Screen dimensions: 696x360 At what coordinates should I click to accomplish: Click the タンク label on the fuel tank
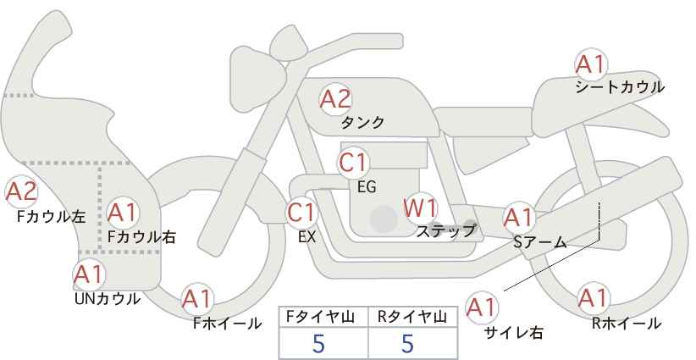[x=362, y=123]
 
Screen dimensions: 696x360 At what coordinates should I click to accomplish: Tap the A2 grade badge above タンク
[x=335, y=99]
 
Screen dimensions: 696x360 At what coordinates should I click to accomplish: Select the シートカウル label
[x=620, y=87]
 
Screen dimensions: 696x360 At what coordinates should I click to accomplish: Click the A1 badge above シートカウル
[x=591, y=64]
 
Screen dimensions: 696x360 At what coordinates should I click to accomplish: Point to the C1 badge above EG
[x=353, y=163]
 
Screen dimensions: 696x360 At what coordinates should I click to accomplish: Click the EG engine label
[x=367, y=187]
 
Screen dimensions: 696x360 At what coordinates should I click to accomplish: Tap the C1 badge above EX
[x=301, y=213]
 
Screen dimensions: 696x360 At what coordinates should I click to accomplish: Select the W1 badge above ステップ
[x=421, y=208]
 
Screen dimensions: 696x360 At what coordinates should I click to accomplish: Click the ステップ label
[x=445, y=231]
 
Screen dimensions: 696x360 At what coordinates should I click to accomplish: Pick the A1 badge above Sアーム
[x=519, y=218]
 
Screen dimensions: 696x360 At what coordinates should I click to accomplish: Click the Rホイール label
[x=626, y=324]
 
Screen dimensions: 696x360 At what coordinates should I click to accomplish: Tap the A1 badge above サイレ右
[x=482, y=307]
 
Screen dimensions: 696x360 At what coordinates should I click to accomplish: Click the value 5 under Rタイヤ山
[x=407, y=343]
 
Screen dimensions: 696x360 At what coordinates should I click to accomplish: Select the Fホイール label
[x=227, y=324]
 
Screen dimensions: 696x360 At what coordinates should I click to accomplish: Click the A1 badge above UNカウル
[x=89, y=274]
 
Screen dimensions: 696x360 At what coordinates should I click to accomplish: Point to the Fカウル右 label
[x=141, y=237]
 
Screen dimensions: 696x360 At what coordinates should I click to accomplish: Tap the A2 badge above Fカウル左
[x=21, y=192]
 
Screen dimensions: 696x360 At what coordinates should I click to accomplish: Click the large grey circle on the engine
[x=384, y=219]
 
